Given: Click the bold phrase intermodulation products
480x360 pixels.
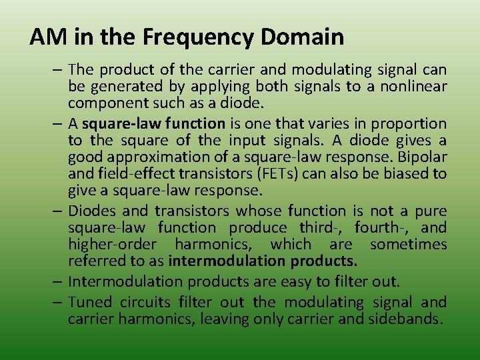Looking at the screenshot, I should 263,261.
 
